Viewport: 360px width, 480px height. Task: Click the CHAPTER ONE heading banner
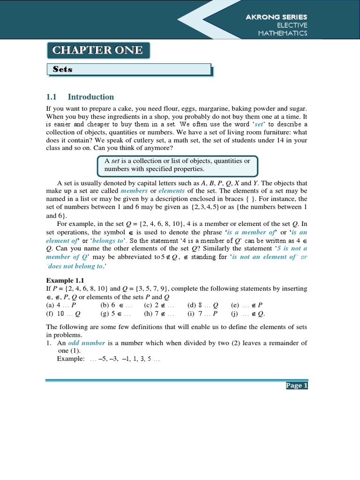pyautogui.click(x=98, y=50)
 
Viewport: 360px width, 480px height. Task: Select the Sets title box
pyautogui.click(x=129, y=69)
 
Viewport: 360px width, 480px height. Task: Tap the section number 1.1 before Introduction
pyautogui.click(x=51, y=97)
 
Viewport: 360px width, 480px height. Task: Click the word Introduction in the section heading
pyautogui.click(x=91, y=97)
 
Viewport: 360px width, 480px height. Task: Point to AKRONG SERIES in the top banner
pyautogui.click(x=277, y=16)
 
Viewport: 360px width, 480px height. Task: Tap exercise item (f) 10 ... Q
pyautogui.click(x=63, y=314)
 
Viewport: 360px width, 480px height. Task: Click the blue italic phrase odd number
pyautogui.click(x=80, y=343)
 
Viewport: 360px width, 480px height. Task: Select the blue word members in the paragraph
pyautogui.click(x=134, y=191)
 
